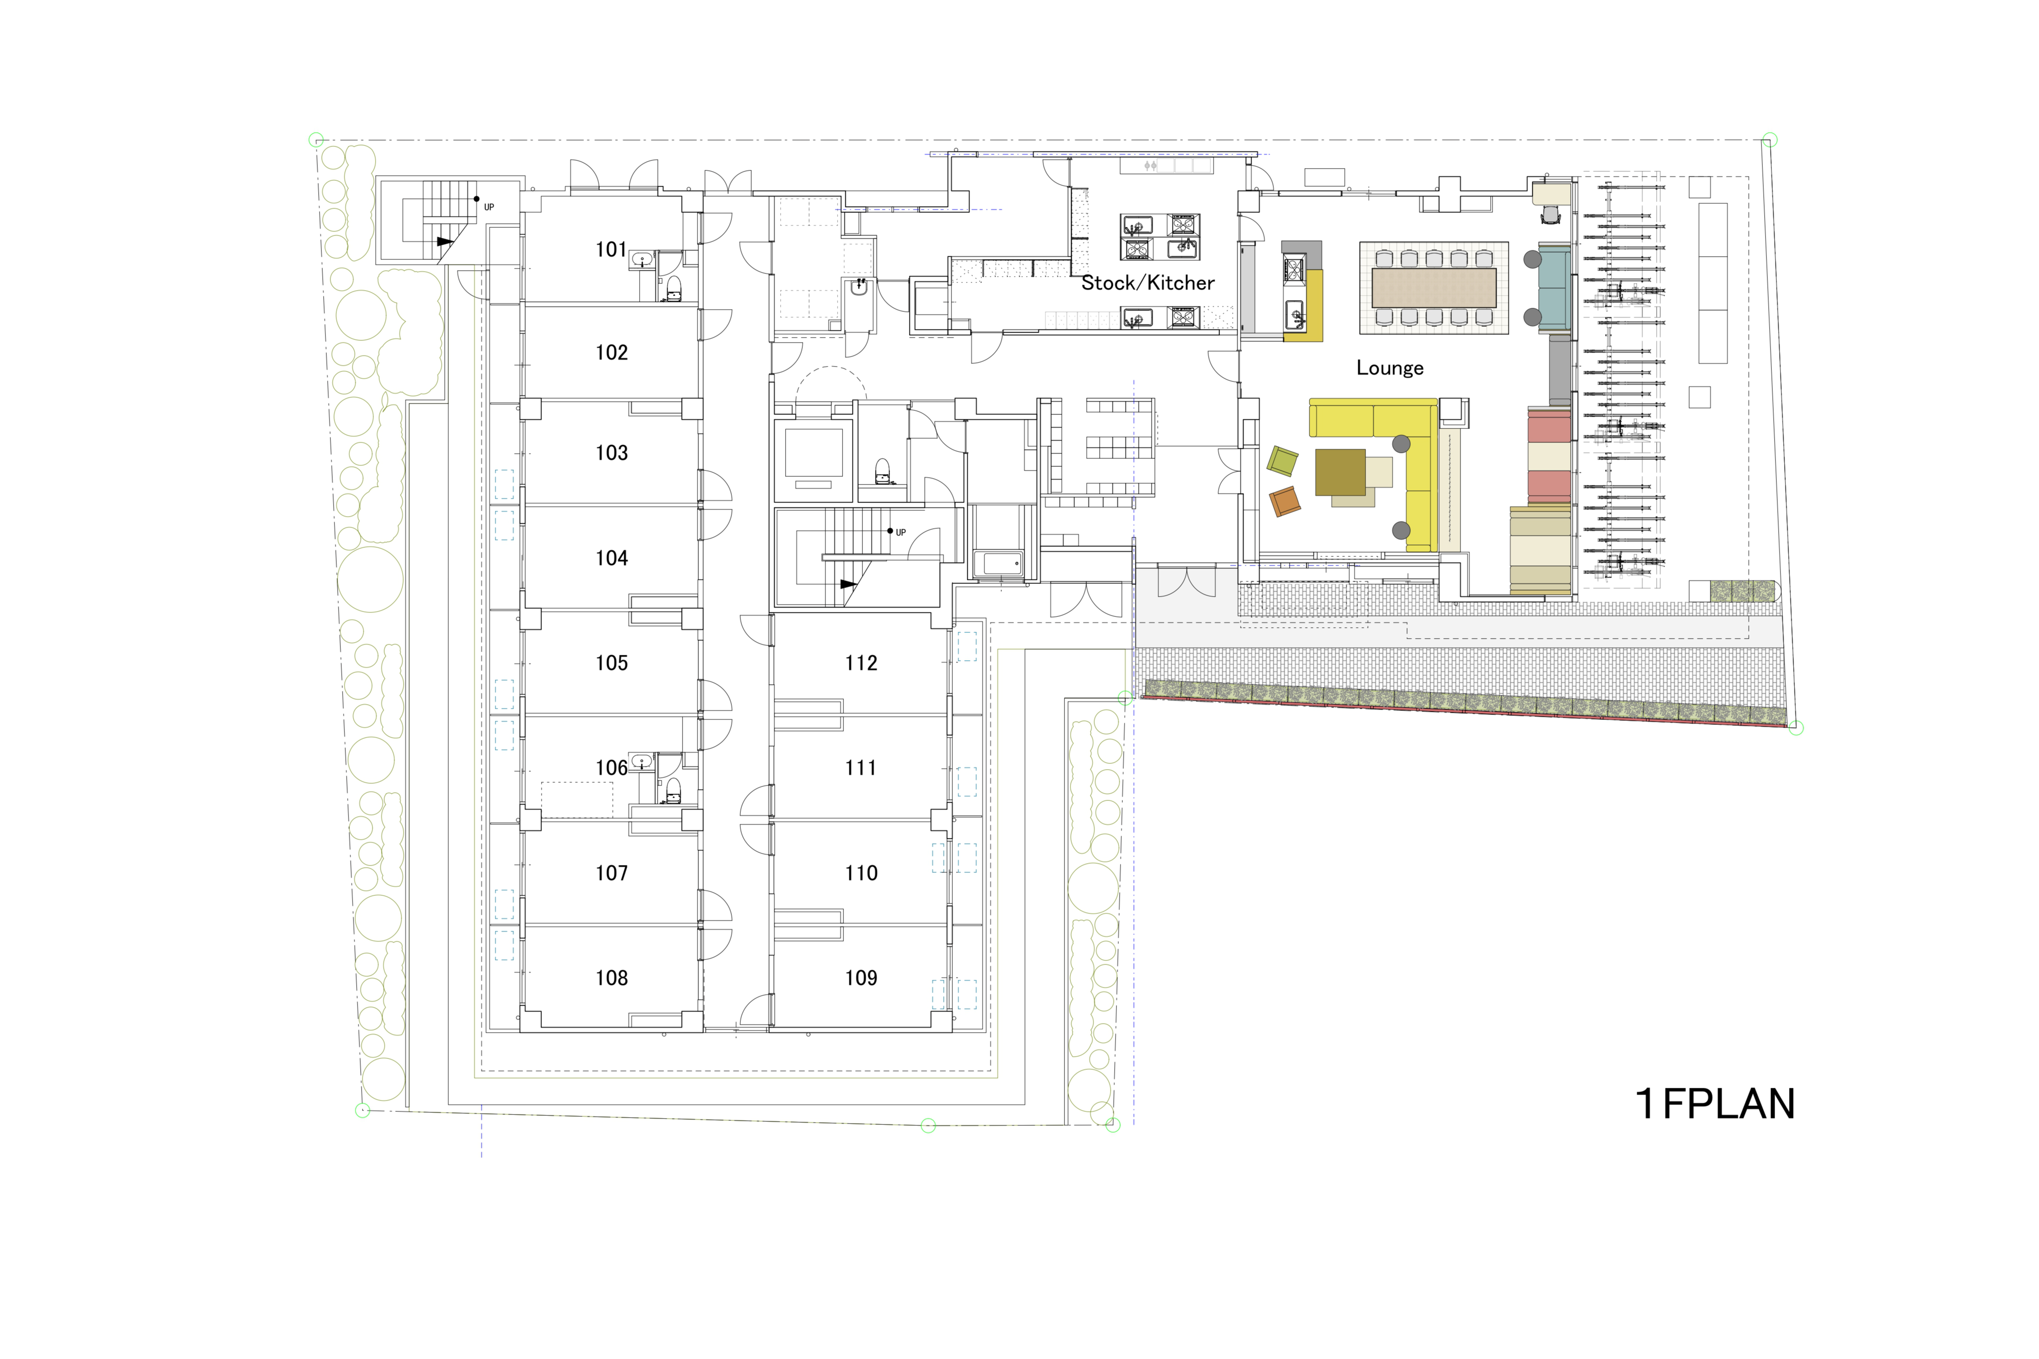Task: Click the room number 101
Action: point(611,249)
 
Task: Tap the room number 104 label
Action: point(611,558)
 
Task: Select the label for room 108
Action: point(611,978)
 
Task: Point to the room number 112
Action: point(861,663)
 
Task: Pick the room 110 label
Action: point(861,873)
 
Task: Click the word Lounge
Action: point(1389,367)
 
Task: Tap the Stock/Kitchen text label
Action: point(1147,282)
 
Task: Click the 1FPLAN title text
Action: point(1714,1103)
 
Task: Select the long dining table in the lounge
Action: point(1433,288)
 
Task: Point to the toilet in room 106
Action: point(673,790)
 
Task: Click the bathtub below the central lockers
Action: point(998,564)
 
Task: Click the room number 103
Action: point(611,452)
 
